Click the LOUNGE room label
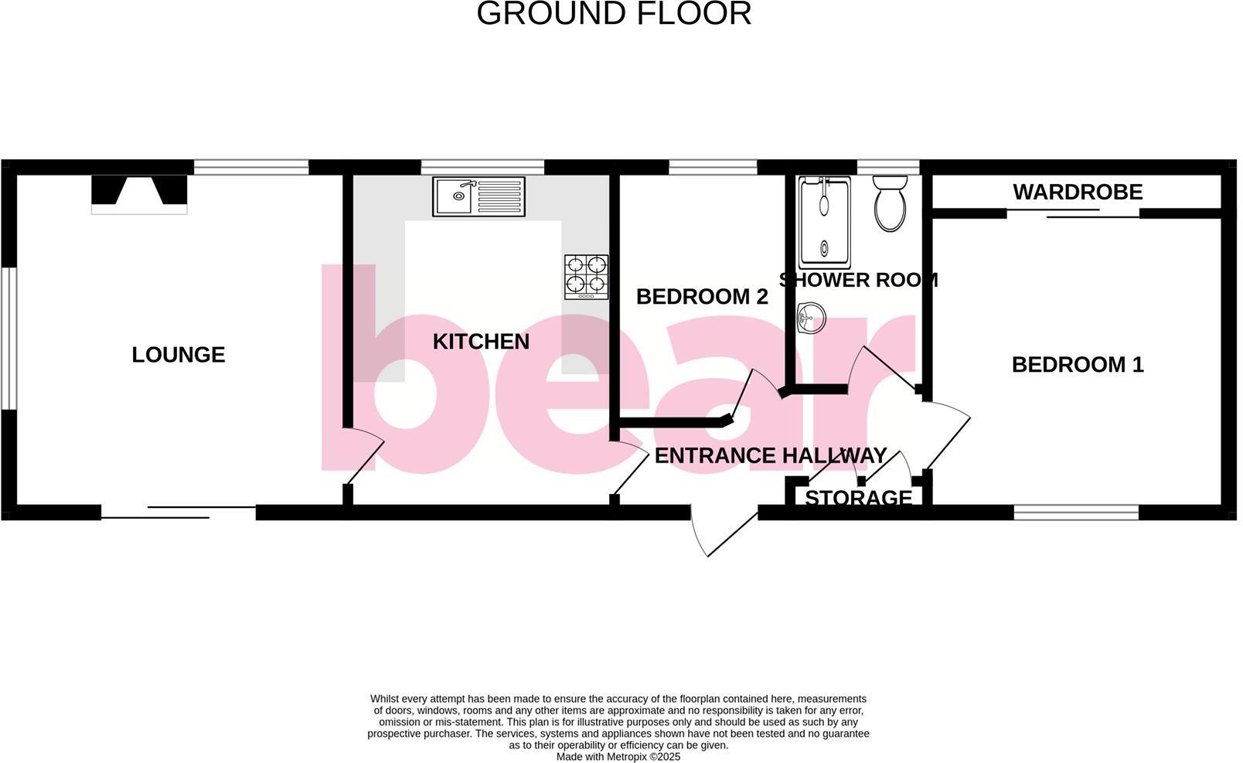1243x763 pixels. click(179, 355)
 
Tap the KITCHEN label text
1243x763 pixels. click(481, 342)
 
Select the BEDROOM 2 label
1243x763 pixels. click(702, 297)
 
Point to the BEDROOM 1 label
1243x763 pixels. click(1078, 365)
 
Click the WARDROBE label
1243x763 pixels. click(1078, 192)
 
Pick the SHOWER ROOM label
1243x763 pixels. click(859, 280)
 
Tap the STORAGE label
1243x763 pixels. click(858, 498)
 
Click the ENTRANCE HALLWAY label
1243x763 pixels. click(771, 456)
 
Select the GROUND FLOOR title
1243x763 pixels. click(614, 14)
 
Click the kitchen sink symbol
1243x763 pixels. click(478, 196)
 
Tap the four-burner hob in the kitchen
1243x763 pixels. click(586, 277)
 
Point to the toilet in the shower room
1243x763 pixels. click(890, 203)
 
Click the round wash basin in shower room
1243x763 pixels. click(811, 317)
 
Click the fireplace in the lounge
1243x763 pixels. click(139, 194)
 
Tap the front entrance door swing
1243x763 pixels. click(723, 529)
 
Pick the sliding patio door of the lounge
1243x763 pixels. click(179, 513)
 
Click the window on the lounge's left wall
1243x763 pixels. click(9, 338)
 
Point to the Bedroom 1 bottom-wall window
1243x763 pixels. click(1076, 512)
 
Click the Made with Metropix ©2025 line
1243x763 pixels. click(618, 757)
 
